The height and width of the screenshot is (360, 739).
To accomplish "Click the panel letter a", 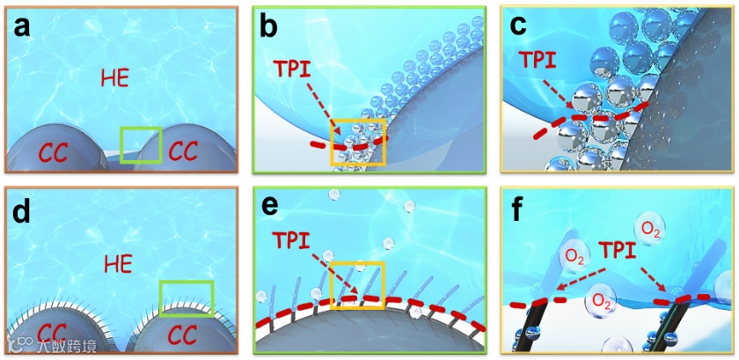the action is pos(23,27).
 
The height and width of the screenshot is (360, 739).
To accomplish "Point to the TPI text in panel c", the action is pos(538,60).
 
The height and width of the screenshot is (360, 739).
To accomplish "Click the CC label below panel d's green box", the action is pos(183,335).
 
